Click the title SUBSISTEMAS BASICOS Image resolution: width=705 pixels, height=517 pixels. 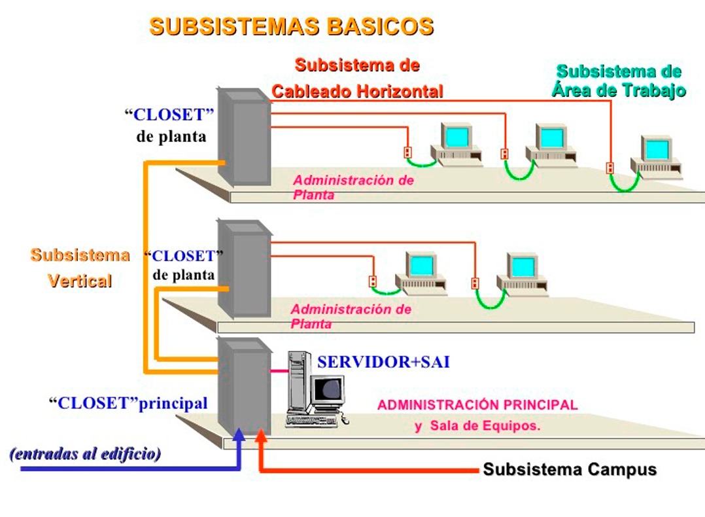[291, 27]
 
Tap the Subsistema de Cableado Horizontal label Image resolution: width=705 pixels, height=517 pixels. [357, 79]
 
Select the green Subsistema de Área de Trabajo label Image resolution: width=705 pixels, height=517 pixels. [618, 81]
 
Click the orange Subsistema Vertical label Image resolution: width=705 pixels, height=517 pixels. [80, 268]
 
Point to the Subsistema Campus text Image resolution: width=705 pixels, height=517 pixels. [570, 470]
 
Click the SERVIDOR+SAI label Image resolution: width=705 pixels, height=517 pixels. [383, 362]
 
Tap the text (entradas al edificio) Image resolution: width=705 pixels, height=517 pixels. [85, 454]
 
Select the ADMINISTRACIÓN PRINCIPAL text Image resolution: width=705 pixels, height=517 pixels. [477, 405]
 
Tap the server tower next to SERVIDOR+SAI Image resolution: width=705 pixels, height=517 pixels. [298, 386]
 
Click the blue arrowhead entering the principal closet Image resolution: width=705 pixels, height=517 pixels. [239, 435]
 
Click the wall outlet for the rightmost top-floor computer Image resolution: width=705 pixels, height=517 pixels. [610, 168]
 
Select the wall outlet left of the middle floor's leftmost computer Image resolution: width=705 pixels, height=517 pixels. [373, 281]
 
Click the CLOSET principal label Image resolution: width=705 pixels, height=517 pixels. [128, 403]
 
